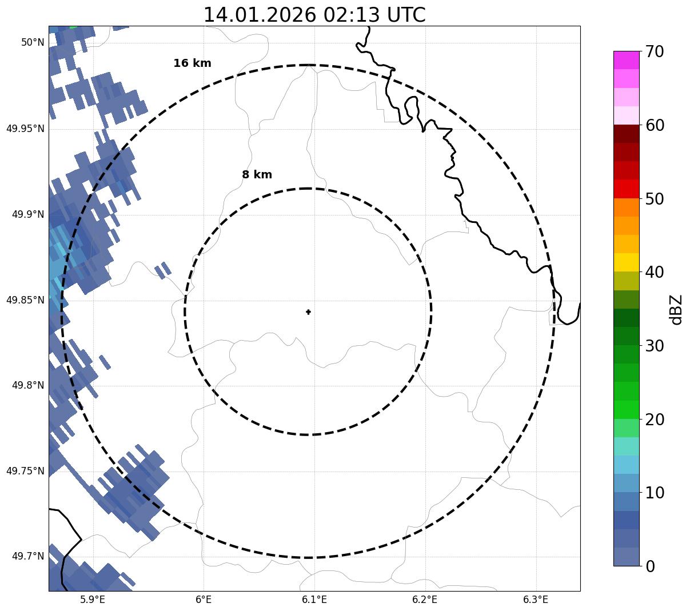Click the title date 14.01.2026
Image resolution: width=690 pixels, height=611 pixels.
coord(259,15)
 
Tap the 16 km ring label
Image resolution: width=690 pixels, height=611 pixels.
coord(192,63)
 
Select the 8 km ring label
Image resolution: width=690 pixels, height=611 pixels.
coord(257,175)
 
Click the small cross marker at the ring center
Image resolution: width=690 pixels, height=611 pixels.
coord(308,312)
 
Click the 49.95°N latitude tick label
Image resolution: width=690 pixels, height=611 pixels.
coord(25,129)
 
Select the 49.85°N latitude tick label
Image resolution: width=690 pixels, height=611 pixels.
coord(25,300)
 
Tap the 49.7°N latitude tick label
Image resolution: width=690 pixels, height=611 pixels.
coord(28,556)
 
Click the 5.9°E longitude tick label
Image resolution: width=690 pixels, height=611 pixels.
coord(93,600)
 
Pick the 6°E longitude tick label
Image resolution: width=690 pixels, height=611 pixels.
coord(204,600)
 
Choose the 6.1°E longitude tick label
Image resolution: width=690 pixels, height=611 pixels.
coord(314,600)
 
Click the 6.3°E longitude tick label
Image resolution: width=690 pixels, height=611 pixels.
coord(536,600)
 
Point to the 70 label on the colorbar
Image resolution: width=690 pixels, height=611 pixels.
coord(655,52)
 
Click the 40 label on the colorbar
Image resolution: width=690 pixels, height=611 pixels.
coord(655,272)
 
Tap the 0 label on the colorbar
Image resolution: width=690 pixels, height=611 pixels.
coord(651,566)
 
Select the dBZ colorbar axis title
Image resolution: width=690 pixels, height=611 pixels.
coord(676,309)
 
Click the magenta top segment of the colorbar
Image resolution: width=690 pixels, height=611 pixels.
coord(626,60)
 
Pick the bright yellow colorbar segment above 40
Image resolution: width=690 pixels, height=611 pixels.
coord(626,262)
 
